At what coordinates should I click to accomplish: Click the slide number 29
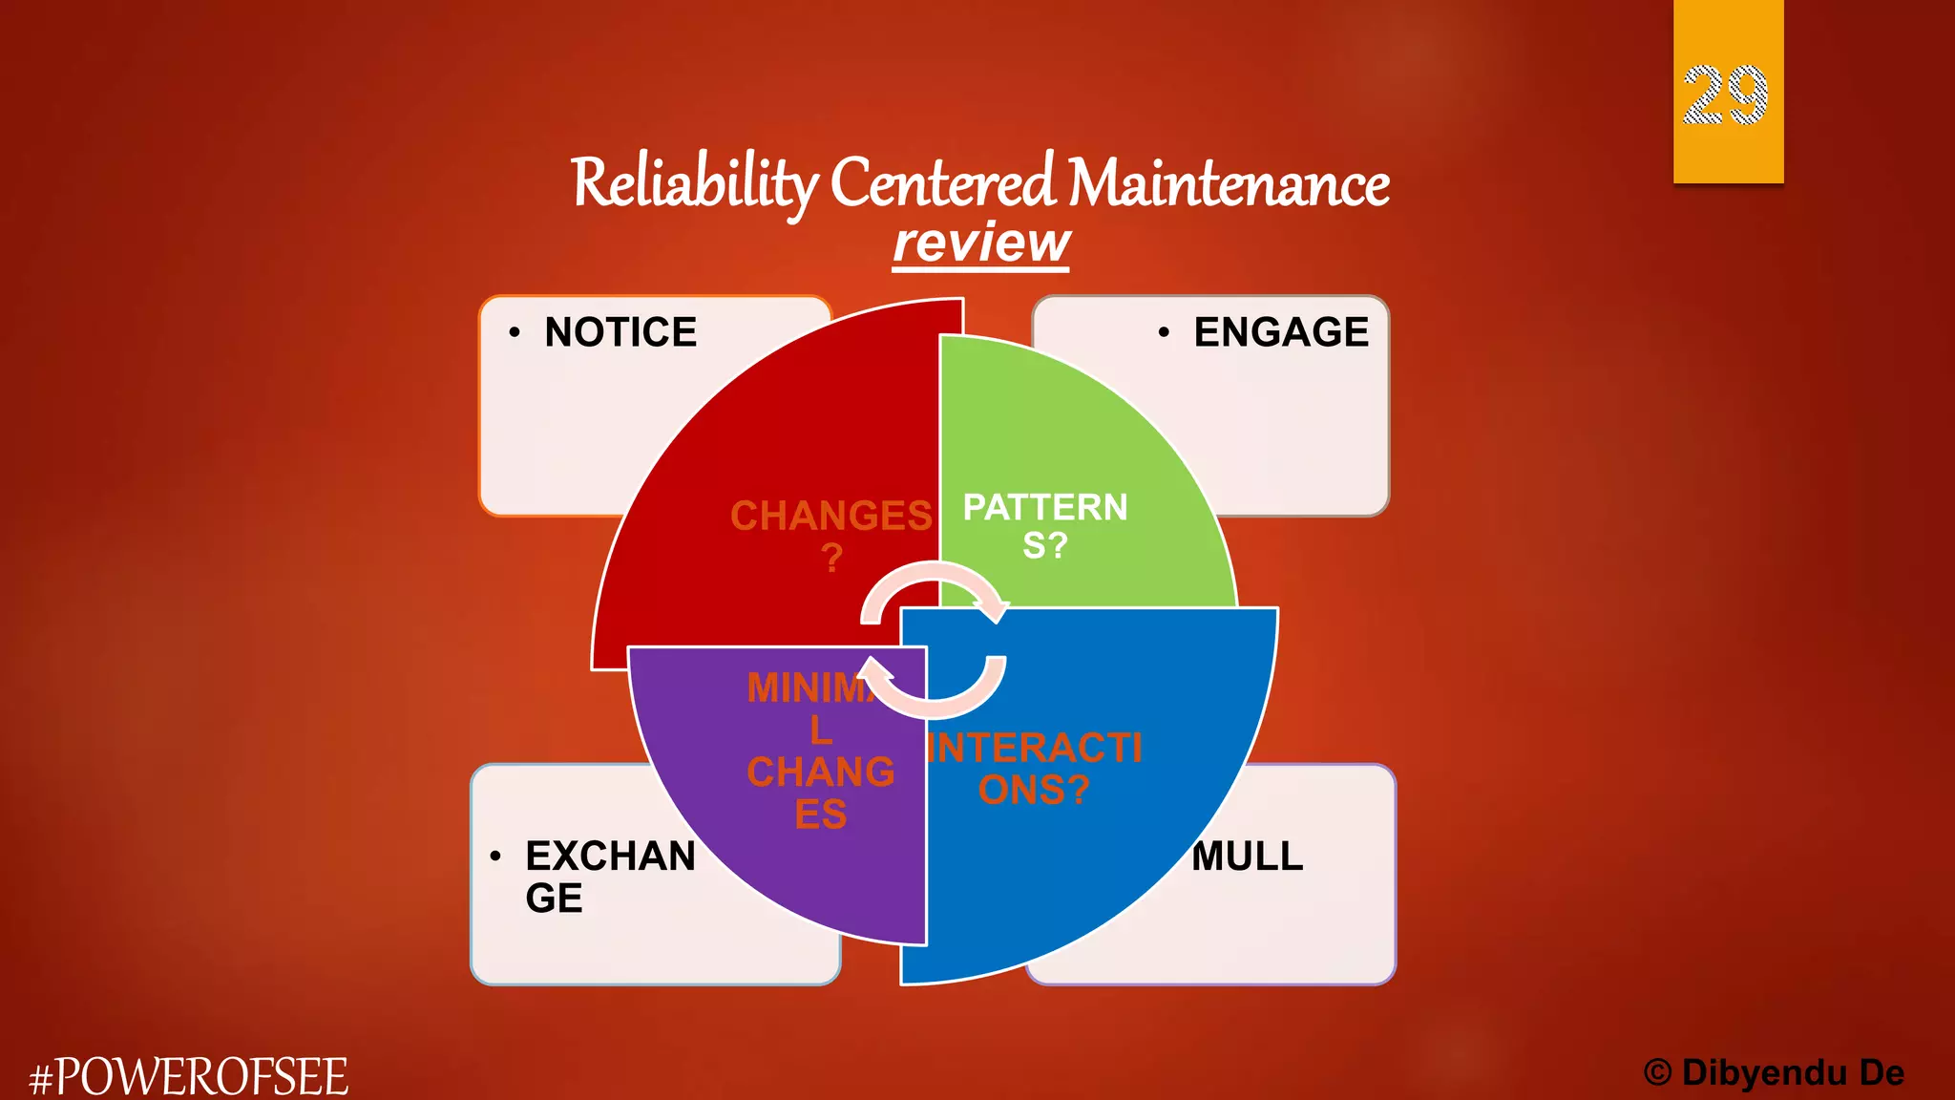1725,95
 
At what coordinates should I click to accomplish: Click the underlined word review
981,243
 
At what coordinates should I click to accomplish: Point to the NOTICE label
620,332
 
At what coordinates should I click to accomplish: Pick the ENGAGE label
1280,332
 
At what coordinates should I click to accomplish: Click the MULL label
1248,856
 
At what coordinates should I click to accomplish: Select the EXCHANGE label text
609,876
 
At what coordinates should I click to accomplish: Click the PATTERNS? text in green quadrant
1045,525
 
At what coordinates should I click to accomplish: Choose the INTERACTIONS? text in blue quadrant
1035,769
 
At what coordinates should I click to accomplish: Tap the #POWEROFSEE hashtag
189,1077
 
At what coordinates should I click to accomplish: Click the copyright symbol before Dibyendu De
1658,1073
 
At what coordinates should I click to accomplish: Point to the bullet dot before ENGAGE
1164,332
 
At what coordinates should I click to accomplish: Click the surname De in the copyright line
1881,1073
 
